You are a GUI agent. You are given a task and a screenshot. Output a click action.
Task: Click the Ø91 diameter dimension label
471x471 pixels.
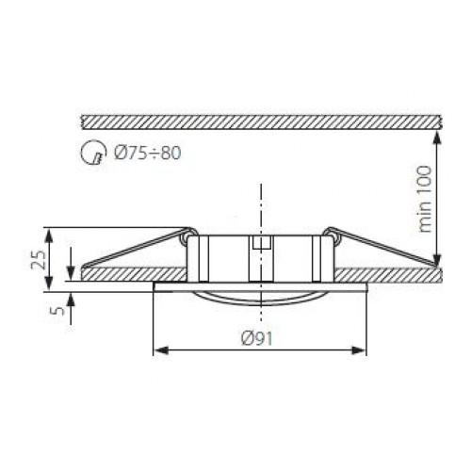(x=256, y=339)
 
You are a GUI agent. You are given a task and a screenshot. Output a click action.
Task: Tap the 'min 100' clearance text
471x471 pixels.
(x=425, y=199)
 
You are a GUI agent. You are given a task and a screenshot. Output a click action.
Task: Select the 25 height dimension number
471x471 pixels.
(x=39, y=259)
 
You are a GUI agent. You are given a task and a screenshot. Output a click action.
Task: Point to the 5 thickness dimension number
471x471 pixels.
(x=57, y=311)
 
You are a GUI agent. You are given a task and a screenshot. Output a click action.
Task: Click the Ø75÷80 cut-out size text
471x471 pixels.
(x=148, y=154)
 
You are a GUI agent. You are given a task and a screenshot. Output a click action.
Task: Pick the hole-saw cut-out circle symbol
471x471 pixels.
(x=91, y=153)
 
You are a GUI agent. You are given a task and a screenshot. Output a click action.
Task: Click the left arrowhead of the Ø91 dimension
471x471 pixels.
(x=161, y=350)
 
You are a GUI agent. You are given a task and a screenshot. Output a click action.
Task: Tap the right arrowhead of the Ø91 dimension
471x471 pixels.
(x=359, y=350)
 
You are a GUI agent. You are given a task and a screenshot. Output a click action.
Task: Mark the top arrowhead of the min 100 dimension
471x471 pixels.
(x=436, y=138)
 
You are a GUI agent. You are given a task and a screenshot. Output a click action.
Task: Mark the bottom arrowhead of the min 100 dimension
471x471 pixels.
(x=436, y=259)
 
